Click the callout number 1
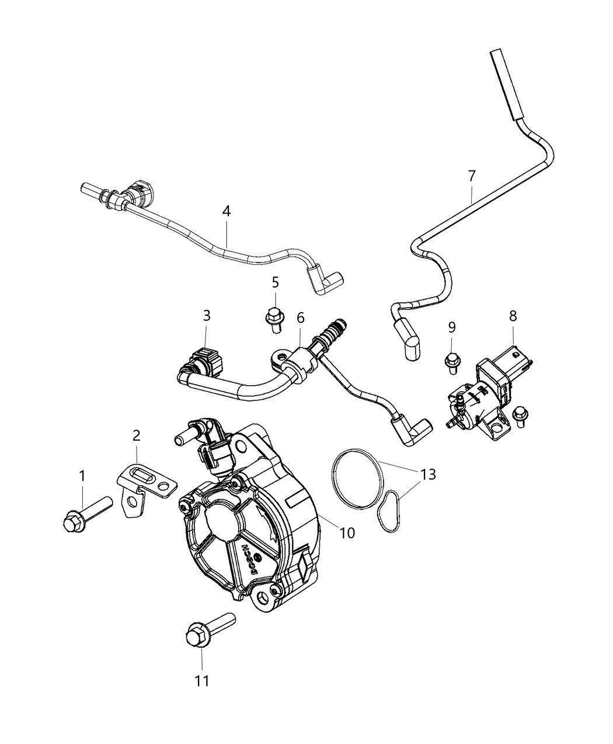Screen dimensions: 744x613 [82, 476]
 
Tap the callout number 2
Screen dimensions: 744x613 [136, 435]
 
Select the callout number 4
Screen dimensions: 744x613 [227, 211]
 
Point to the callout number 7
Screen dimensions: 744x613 [472, 175]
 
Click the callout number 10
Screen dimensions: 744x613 [347, 532]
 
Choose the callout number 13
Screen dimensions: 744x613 [428, 474]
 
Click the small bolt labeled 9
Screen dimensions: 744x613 [451, 360]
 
